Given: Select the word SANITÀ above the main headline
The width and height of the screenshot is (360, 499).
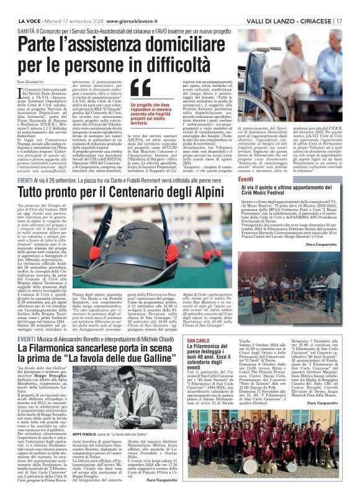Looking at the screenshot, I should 26,30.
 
